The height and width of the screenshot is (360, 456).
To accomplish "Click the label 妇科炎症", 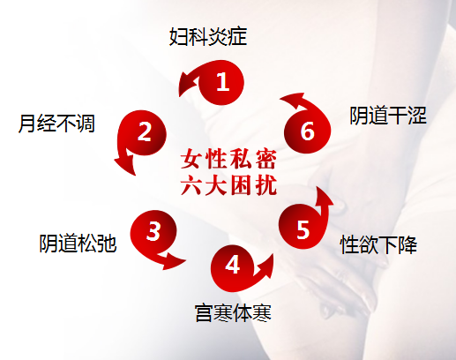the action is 208,37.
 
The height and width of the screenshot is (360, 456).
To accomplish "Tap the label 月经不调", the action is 56,124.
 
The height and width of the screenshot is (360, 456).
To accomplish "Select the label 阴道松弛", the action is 78,244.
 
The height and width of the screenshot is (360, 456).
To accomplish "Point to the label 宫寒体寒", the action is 233,312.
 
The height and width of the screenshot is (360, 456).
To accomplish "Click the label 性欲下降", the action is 378,244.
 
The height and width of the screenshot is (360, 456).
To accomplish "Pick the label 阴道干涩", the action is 388,116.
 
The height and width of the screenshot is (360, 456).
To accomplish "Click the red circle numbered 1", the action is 221,82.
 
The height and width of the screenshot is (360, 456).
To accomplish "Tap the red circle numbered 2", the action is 144,132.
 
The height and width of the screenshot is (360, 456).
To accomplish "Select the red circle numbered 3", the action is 153,232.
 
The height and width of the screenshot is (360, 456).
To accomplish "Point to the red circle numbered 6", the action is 308,131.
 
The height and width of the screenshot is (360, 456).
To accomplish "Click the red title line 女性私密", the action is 228,160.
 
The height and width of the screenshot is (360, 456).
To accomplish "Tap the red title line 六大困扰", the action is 228,185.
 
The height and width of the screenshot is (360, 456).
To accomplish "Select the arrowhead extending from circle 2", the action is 125,162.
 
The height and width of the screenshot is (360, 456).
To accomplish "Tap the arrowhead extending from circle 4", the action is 265,266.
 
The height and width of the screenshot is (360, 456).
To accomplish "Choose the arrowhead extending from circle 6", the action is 294,101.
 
